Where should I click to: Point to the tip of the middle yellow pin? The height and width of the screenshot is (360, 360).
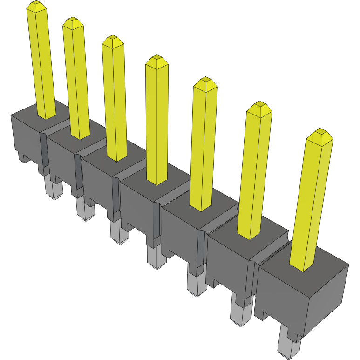click(156, 60)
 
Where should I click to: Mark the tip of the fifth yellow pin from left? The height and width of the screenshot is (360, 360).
click(205, 83)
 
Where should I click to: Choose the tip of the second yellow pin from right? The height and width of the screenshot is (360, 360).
click(259, 108)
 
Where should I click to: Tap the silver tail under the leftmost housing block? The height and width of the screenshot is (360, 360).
click(53, 189)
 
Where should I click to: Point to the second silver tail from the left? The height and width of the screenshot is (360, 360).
click(85, 210)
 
